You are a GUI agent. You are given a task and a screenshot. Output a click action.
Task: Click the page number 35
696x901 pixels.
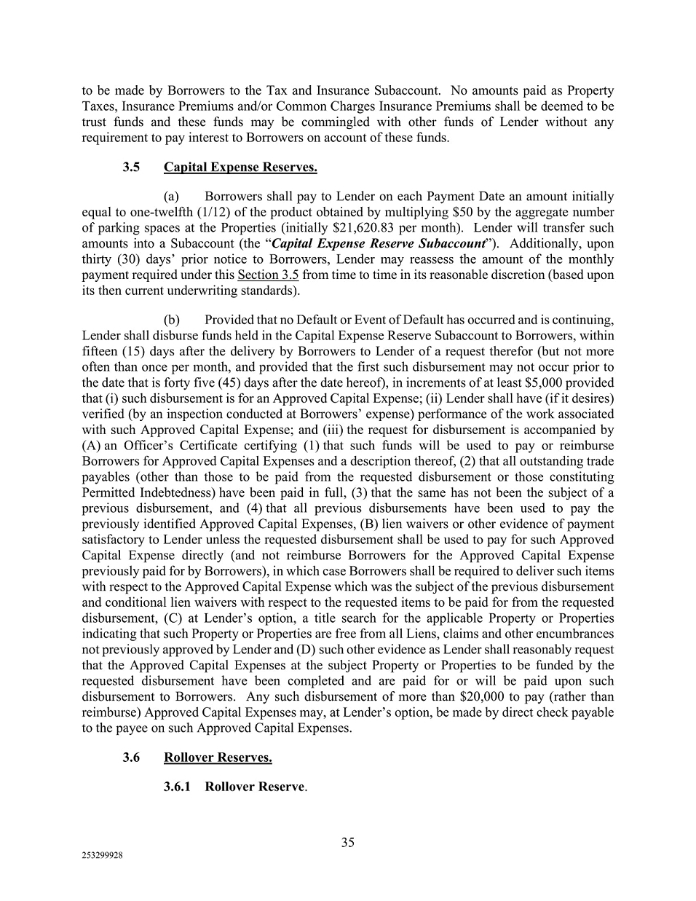tap(348, 843)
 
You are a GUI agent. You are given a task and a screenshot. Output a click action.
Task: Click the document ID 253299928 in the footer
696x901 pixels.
tap(102, 857)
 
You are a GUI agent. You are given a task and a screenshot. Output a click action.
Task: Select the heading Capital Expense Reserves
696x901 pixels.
tap(240, 168)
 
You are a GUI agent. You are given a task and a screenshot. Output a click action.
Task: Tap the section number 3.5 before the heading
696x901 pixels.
tap(131, 168)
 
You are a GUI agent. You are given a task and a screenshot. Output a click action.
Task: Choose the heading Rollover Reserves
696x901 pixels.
tap(218, 758)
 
